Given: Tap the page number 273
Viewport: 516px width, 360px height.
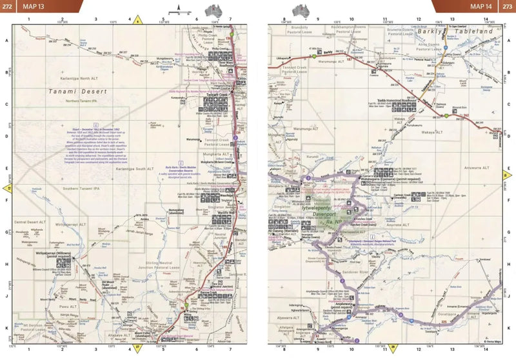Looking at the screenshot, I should point(507,6).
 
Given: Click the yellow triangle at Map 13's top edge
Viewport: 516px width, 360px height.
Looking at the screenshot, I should point(137,19).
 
